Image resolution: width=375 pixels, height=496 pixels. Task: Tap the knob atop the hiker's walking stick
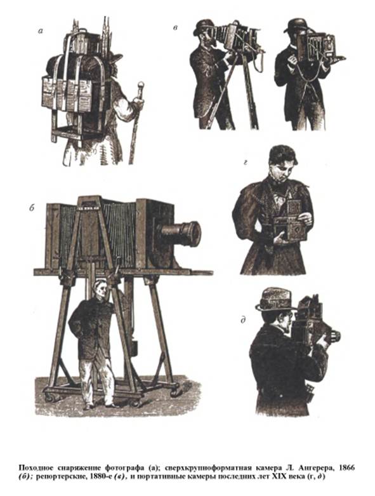[141, 85]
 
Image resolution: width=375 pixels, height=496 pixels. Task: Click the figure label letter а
[40, 30]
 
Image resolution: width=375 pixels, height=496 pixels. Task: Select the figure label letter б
[32, 208]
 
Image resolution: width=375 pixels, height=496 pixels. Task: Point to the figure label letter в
[175, 28]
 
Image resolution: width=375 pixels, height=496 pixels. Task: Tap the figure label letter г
[246, 164]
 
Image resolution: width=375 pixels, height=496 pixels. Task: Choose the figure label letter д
[243, 320]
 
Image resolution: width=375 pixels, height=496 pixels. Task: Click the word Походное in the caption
[35, 467]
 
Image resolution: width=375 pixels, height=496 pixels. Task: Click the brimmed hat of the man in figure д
[275, 300]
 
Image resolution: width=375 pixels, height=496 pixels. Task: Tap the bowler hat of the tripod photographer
[204, 27]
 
